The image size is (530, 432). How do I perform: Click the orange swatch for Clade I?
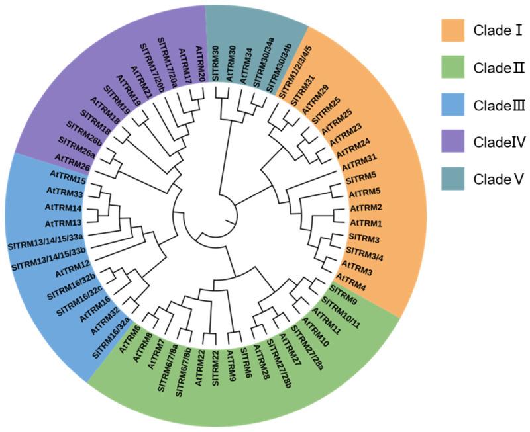click(454, 30)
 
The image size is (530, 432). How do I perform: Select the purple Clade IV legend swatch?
click(454, 142)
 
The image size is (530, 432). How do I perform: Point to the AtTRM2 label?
click(366, 208)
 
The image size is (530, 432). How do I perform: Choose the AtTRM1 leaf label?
click(366, 224)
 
